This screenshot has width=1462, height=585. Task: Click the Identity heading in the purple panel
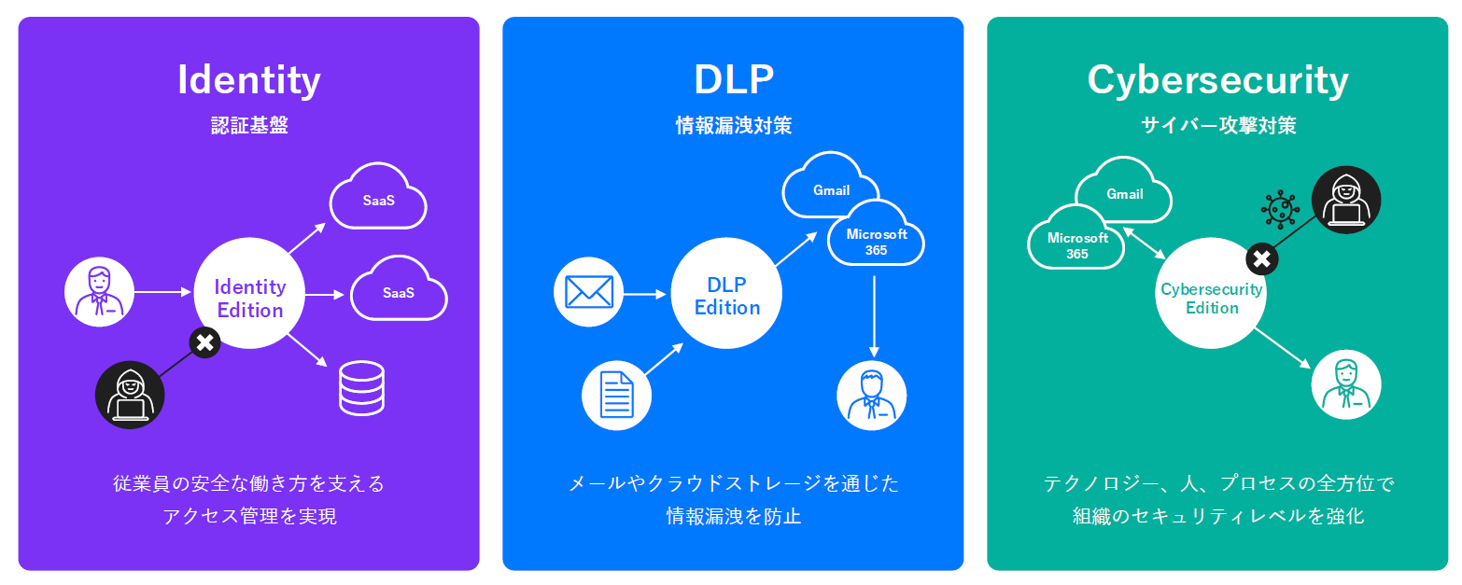[248, 80]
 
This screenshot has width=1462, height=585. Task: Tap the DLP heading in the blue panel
[734, 80]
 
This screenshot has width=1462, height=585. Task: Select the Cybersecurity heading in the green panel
[1217, 80]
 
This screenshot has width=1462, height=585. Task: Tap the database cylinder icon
[361, 388]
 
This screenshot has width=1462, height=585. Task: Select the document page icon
[616, 395]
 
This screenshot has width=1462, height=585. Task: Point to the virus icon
[1279, 210]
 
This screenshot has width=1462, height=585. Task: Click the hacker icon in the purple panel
[130, 395]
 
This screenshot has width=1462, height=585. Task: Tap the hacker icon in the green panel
[1345, 200]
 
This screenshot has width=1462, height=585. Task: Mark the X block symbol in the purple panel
[204, 342]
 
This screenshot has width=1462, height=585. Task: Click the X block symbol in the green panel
[1261, 259]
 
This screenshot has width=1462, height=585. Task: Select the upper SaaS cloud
[378, 199]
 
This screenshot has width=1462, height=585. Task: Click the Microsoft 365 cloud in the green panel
[1076, 242]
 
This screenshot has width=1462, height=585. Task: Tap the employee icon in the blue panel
[871, 395]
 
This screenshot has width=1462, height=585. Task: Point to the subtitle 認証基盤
[248, 125]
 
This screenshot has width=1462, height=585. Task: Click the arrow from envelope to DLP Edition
[644, 294]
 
